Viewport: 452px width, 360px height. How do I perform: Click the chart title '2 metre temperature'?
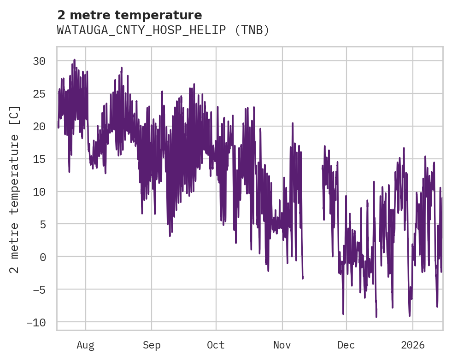click(129, 15)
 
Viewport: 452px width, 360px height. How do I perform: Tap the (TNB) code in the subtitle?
click(252, 30)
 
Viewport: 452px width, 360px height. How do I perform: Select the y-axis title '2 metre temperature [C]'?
click(15, 189)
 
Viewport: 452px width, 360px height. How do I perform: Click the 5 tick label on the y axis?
click(42, 224)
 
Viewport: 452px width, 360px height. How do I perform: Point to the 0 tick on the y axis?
click(42, 257)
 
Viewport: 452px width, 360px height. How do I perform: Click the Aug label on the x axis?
click(86, 345)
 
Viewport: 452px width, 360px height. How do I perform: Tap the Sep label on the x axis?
click(152, 345)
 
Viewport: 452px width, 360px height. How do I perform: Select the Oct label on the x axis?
click(216, 345)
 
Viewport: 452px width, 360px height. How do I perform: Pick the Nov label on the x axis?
click(282, 345)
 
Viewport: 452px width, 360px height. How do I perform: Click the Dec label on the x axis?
click(346, 345)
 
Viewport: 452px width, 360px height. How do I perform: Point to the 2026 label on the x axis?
click(412, 345)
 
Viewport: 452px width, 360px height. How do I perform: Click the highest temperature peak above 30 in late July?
click(74, 60)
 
